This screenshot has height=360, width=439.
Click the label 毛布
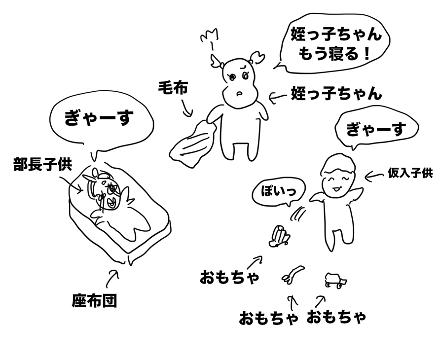pyautogui.click(x=173, y=88)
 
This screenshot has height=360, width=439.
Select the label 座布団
pyautogui.click(x=94, y=301)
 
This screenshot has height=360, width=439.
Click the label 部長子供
pyautogui.click(x=43, y=164)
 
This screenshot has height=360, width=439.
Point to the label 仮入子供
pyautogui.click(x=410, y=173)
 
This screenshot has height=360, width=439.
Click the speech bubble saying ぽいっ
pyautogui.click(x=278, y=193)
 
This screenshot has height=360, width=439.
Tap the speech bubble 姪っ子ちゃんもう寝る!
pyautogui.click(x=334, y=43)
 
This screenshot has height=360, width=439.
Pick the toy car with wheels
pyautogui.click(x=335, y=280)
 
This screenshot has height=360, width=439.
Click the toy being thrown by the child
pyautogui.click(x=279, y=237)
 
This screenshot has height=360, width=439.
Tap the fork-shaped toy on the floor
pyautogui.click(x=293, y=274)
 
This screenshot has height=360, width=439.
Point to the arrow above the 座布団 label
pyautogui.click(x=112, y=278)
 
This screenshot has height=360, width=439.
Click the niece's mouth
pyautogui.click(x=239, y=93)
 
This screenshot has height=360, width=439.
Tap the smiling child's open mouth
pyautogui.click(x=336, y=189)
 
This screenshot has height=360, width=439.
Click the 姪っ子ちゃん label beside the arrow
pyautogui.click(x=336, y=93)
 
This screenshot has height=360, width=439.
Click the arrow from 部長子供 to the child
pyautogui.click(x=71, y=183)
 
